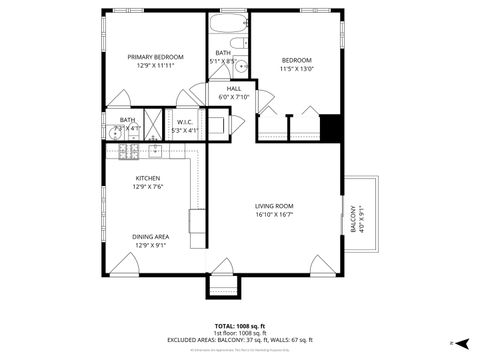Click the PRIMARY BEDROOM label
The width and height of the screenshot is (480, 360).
152,57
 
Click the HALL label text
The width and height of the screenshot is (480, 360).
233,88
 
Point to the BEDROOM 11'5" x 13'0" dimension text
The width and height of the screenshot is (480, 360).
296,69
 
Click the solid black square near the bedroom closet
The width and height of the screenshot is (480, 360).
331,129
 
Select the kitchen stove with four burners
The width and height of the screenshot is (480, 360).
128,152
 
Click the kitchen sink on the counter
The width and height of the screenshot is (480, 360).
156,152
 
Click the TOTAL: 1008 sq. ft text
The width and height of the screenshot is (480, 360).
239,325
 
